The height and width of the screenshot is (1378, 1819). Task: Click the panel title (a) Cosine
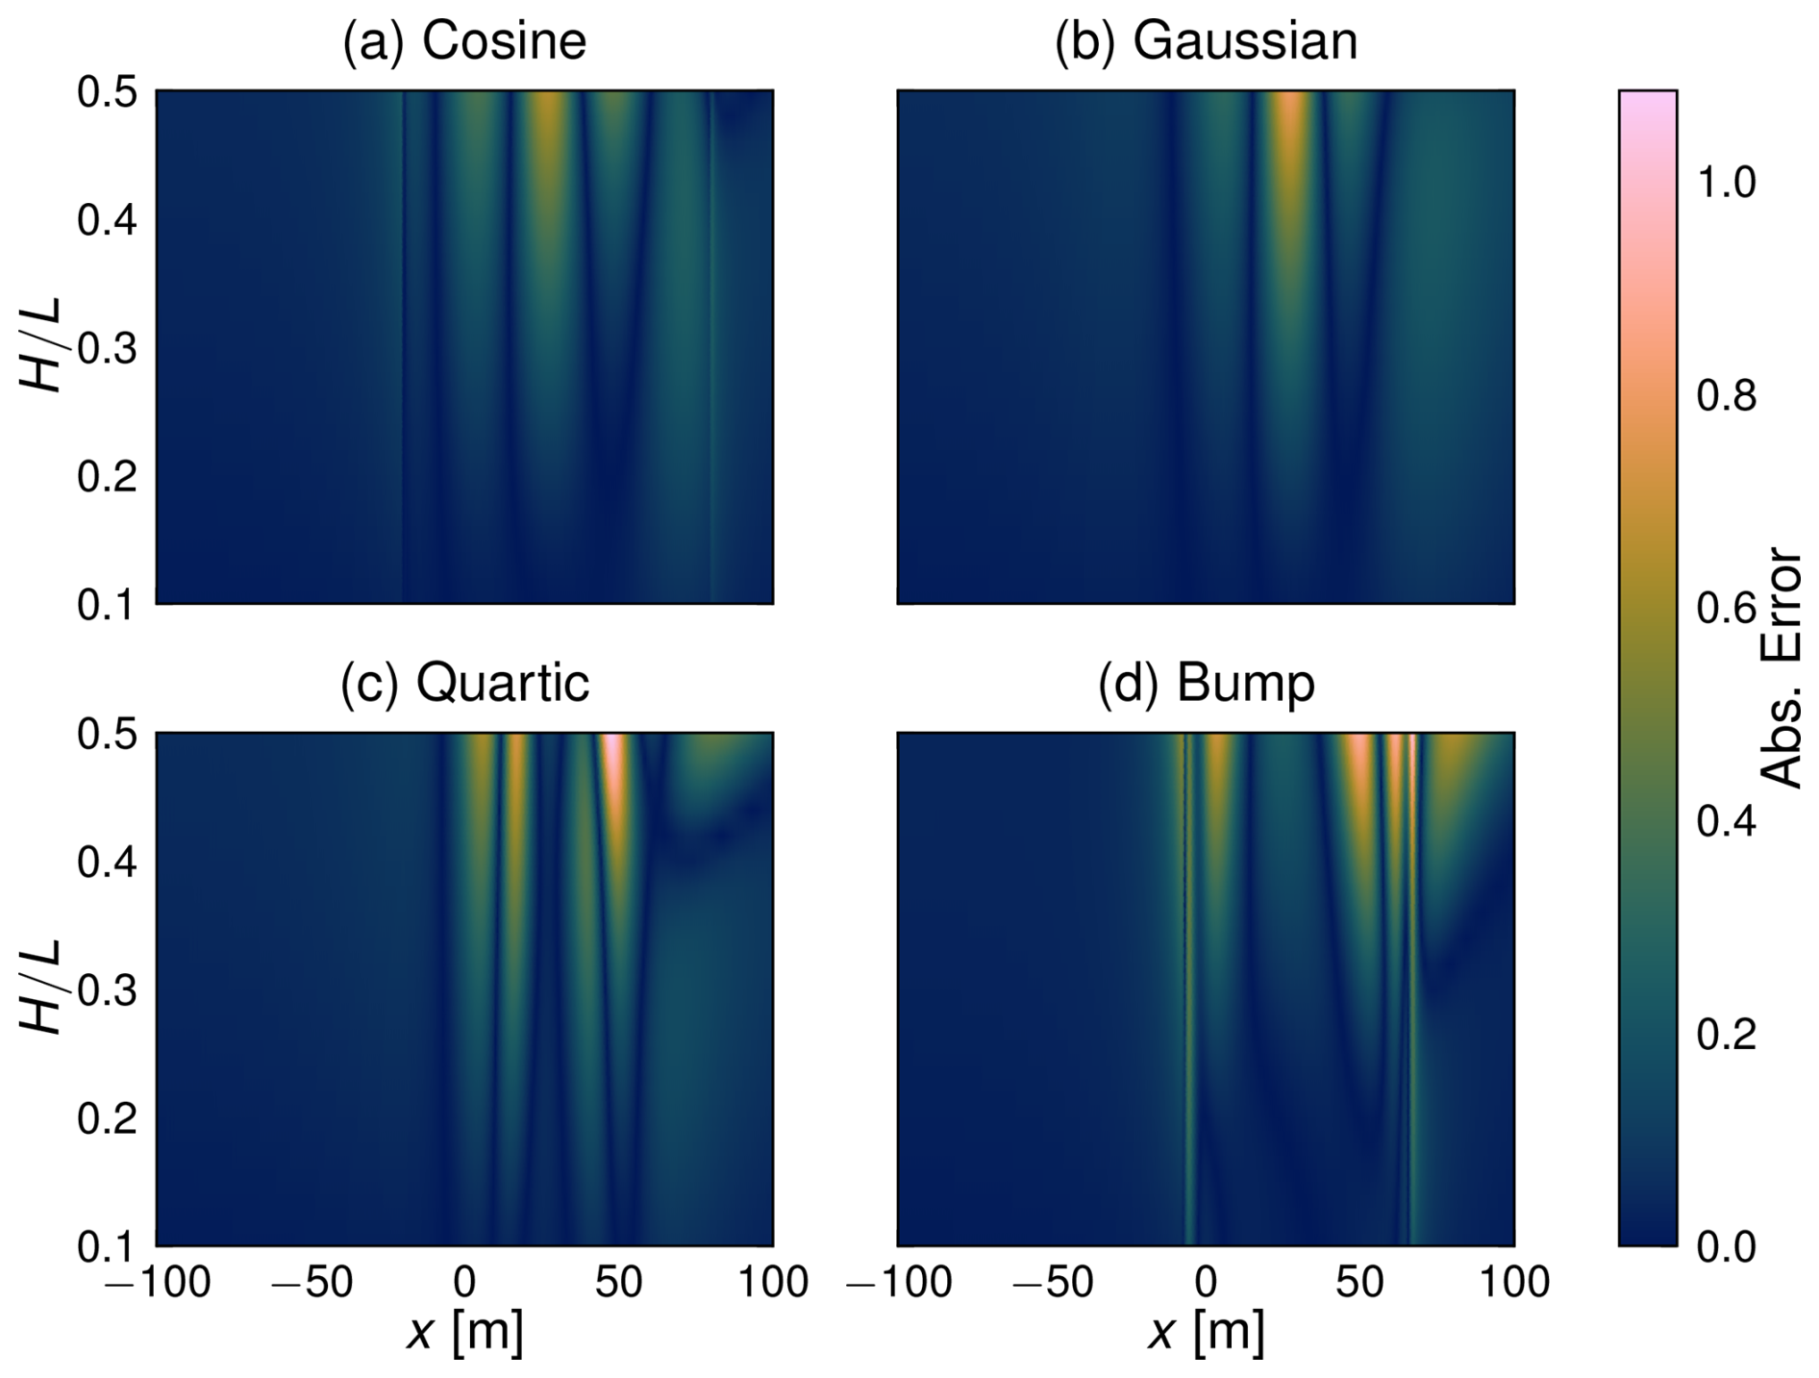[x=464, y=42]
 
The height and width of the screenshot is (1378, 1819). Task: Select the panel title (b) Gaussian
[x=1206, y=42]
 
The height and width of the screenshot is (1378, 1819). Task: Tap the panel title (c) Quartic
[x=464, y=684]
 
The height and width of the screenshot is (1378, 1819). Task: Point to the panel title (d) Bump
[x=1206, y=684]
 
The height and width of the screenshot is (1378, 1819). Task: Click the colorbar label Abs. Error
[x=1783, y=668]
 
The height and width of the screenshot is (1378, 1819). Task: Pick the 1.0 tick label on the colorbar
[x=1726, y=183]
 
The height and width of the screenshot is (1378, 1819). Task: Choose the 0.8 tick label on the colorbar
[x=1726, y=395]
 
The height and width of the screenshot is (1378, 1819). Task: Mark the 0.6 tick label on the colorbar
[x=1726, y=609]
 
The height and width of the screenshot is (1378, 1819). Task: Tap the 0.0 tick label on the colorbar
[x=1726, y=1247]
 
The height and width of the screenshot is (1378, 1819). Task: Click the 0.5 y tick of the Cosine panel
[x=108, y=93]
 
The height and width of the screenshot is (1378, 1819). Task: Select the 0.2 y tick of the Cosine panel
[x=108, y=477]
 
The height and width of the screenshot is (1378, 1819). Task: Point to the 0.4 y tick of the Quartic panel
[x=108, y=863]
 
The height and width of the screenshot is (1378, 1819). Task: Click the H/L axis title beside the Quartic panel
[x=41, y=989]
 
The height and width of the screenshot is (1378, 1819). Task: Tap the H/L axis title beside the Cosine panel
[x=41, y=346]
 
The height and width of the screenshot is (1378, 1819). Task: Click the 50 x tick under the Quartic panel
[x=618, y=1283]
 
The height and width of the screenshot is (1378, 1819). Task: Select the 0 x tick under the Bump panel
[x=1206, y=1283]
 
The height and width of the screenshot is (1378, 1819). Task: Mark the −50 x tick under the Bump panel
[x=1052, y=1283]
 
